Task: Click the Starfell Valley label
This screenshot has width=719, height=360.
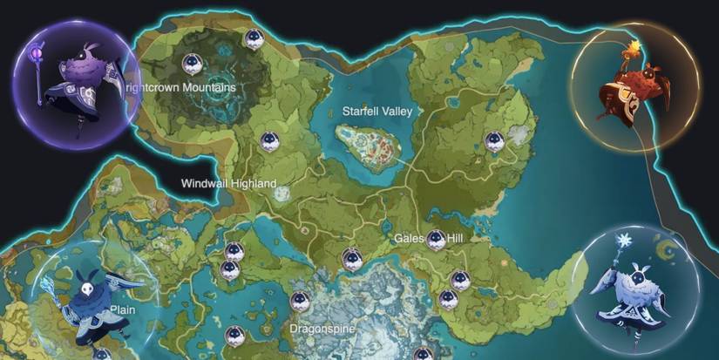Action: [377, 112]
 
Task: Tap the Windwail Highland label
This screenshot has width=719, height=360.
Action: [228, 183]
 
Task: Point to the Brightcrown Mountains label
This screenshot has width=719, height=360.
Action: [180, 88]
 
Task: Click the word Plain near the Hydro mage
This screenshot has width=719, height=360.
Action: [122, 309]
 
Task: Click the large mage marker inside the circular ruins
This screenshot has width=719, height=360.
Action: [193, 63]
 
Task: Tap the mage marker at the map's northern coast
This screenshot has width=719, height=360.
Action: [253, 37]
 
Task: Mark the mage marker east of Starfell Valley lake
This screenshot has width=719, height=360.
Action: [494, 139]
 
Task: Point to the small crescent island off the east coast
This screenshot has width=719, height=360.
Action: [668, 250]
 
